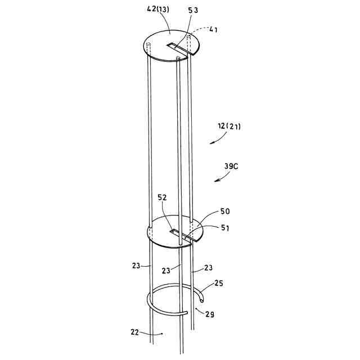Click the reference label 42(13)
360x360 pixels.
[158, 10]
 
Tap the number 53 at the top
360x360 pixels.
[193, 10]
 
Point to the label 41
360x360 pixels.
[213, 30]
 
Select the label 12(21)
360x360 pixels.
[229, 126]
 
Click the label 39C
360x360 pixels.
[231, 166]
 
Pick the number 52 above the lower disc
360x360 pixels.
[162, 197]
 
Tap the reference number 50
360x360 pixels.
[225, 211]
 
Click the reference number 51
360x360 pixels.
[225, 228]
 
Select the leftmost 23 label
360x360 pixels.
[136, 265]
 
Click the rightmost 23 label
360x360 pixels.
[208, 268]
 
